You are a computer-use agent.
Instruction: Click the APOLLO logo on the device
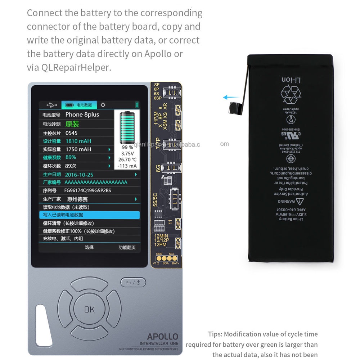click(162, 336)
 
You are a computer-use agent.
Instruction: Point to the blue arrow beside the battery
click(230, 97)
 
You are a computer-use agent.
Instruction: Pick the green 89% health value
click(71, 157)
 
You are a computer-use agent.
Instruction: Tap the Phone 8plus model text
click(82, 114)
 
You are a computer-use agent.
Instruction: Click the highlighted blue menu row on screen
click(89, 215)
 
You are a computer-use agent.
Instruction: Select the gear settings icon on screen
click(103, 105)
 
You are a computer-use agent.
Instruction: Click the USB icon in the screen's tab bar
click(51, 105)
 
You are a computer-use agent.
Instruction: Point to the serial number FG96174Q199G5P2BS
click(87, 191)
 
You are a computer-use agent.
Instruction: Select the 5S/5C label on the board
click(155, 200)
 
